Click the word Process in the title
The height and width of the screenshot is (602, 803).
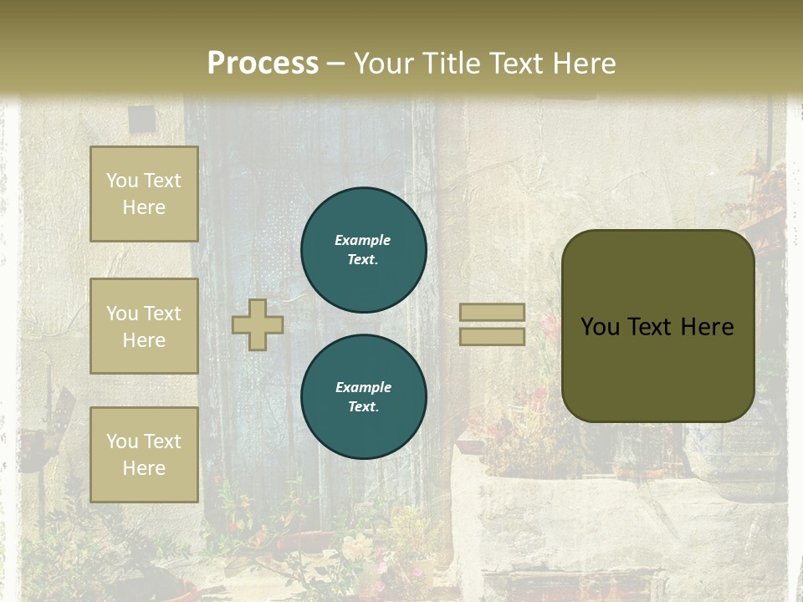coord(263,63)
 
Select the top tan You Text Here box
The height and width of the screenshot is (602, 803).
coord(144,194)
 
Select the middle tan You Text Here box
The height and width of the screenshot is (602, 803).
coord(144,326)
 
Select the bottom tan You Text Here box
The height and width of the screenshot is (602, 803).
coord(144,454)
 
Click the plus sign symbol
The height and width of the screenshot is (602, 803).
coord(257,324)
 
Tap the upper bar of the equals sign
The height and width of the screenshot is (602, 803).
coord(492,312)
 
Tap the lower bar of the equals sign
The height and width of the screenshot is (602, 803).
coord(492,336)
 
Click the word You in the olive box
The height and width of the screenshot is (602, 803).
coord(600,327)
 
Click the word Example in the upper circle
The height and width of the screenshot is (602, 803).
coord(362,240)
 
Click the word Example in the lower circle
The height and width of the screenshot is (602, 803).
coord(363,387)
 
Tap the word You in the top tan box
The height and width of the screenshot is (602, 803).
coord(122,181)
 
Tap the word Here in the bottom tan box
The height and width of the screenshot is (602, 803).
coord(144,468)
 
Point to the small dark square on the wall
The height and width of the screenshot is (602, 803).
coord(141,119)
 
